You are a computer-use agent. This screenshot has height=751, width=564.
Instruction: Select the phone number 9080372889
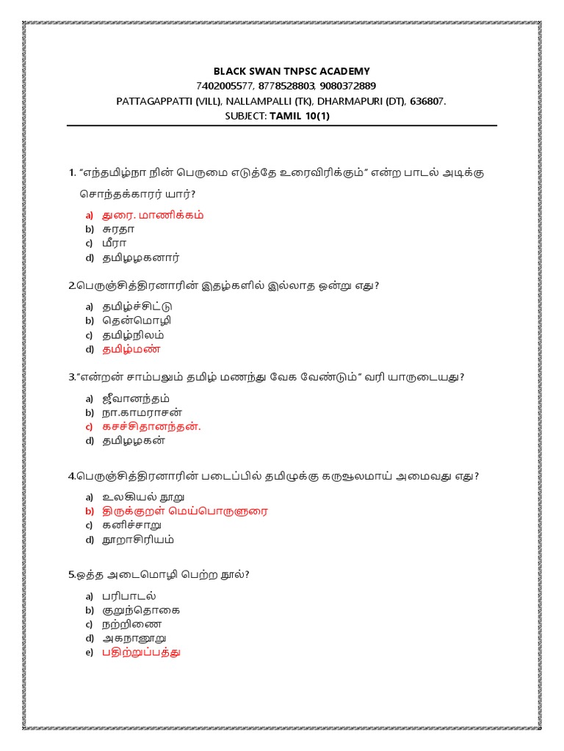pyautogui.click(x=344, y=86)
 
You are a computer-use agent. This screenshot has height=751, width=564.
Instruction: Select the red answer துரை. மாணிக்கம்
pyautogui.click(x=153, y=215)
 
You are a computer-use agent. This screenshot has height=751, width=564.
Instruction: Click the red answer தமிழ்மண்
pyautogui.click(x=131, y=349)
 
